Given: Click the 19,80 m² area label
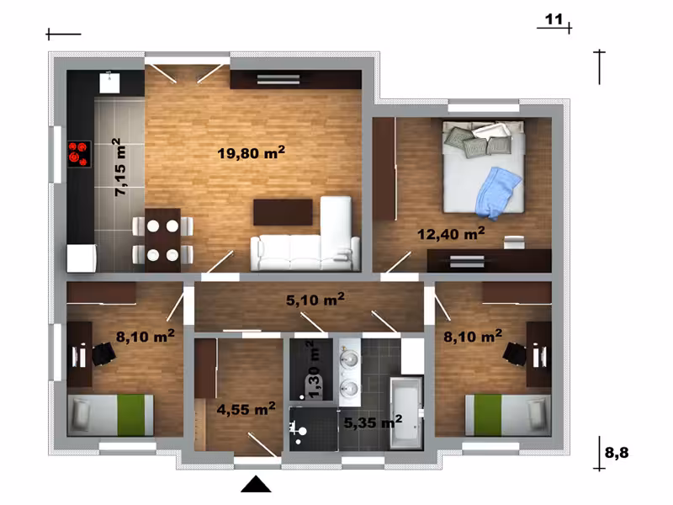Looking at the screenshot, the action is [x=251, y=152].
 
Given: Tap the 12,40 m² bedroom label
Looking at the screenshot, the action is [x=451, y=234].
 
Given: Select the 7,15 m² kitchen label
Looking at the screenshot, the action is [x=119, y=167].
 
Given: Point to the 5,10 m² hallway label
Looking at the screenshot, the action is [x=315, y=300].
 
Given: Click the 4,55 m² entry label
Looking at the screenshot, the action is [x=246, y=409].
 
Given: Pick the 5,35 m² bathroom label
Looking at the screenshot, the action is [x=373, y=423].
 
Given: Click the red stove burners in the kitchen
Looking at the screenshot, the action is [x=79, y=154].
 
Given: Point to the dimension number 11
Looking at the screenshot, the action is [x=554, y=19].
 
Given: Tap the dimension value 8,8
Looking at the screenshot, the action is [x=617, y=452].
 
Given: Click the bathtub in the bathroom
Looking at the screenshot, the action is [x=406, y=413].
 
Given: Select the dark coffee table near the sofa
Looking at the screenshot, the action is [x=283, y=212].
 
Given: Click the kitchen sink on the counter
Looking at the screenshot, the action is [x=109, y=82].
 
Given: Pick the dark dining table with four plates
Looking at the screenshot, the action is [x=162, y=241].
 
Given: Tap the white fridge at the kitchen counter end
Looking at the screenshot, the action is [x=82, y=258].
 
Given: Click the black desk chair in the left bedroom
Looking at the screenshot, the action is [x=103, y=354].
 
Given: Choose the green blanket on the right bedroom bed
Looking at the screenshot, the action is [x=488, y=415].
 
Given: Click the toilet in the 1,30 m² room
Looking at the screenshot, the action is [x=300, y=429].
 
